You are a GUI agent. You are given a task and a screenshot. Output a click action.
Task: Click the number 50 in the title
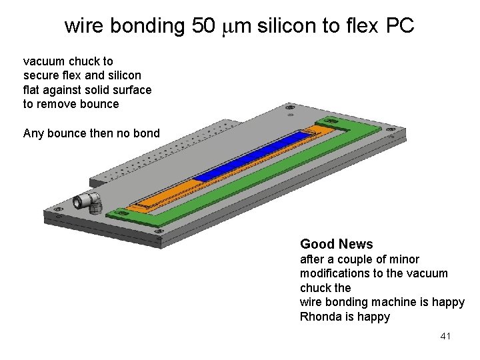pyautogui.click(x=203, y=26)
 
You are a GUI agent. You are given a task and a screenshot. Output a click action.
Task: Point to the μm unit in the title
pyautogui.click(x=233, y=27)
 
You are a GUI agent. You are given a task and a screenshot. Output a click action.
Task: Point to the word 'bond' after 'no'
pyautogui.click(x=147, y=133)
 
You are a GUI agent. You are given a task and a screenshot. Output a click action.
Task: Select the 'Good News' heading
pyautogui.click(x=337, y=244)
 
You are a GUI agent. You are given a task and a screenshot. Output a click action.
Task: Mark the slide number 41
pyautogui.click(x=446, y=337)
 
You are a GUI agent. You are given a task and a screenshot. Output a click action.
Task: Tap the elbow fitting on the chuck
pyautogui.click(x=87, y=200)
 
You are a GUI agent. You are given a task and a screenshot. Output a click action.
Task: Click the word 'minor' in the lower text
pyautogui.click(x=403, y=259)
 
